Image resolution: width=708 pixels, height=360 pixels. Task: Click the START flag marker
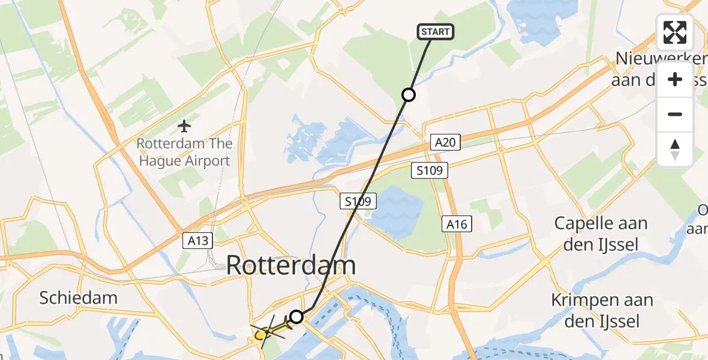click(436, 32)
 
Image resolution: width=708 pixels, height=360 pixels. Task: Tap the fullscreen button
click(675, 32)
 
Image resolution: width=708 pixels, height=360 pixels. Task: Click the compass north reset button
click(675, 149)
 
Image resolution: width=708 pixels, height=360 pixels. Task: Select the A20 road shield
click(445, 142)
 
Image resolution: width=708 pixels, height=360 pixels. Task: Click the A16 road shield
click(457, 224)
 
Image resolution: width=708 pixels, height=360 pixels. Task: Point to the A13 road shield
click(197, 241)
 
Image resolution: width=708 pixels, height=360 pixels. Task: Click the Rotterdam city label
click(291, 266)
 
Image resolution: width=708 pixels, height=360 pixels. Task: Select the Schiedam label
click(78, 298)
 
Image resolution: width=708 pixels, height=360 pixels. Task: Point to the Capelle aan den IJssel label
click(601, 233)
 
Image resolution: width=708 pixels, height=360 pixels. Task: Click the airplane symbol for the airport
click(184, 126)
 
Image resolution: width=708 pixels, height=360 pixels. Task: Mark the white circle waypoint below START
click(409, 95)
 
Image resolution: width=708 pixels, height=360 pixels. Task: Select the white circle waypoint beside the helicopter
click(296, 316)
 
